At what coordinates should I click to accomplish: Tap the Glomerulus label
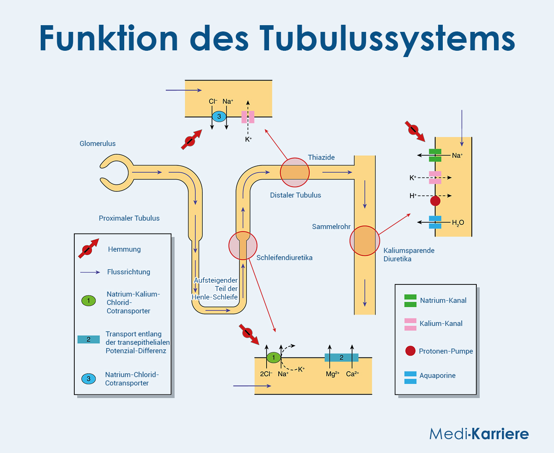point(97,143)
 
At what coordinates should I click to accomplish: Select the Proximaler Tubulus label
point(129,218)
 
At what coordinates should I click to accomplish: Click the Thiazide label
point(321,157)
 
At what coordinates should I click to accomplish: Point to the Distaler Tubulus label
point(295,195)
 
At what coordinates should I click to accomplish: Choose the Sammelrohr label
point(331,226)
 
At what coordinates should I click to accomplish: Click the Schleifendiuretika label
point(284,258)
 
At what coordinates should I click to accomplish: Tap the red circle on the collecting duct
point(364,241)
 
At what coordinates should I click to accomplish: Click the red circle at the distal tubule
point(295,172)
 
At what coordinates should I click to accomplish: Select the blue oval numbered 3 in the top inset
point(219,117)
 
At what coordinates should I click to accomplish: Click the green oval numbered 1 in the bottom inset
point(273,357)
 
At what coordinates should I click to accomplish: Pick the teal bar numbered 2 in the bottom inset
point(341,357)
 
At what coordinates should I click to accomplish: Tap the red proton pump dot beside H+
point(435,200)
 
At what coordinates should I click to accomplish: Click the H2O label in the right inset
point(458,223)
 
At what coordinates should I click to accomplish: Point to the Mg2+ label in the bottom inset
point(332,374)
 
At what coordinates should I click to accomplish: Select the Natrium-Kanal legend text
point(443,300)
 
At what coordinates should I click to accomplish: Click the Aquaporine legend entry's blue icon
point(410,377)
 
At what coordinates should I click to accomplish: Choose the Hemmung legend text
point(124,249)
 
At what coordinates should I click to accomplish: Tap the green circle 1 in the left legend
point(89,300)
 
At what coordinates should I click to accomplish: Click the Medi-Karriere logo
point(478,433)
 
